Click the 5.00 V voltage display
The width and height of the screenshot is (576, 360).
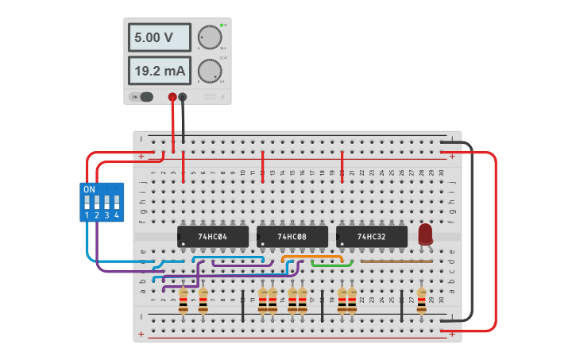pyautogui.click(x=160, y=37)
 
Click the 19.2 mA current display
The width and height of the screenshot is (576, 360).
pyautogui.click(x=160, y=71)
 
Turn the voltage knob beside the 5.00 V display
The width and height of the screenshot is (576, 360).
pyautogui.click(x=208, y=37)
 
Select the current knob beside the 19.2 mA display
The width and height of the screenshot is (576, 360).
pyautogui.click(x=208, y=71)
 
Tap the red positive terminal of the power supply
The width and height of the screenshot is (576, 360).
pyautogui.click(x=172, y=97)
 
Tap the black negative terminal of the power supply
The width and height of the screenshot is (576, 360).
pyautogui.click(x=184, y=97)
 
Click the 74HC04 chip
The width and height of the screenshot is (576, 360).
pyautogui.click(x=212, y=237)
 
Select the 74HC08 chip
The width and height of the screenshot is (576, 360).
pyautogui.click(x=292, y=237)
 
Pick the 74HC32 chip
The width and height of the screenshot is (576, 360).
pyautogui.click(x=371, y=237)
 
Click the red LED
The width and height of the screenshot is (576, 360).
pyautogui.click(x=425, y=234)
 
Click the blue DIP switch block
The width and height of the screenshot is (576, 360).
pyautogui.click(x=102, y=202)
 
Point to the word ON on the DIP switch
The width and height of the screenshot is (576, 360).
pyautogui.click(x=89, y=189)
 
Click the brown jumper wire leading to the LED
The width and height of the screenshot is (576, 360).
pyautogui.click(x=396, y=261)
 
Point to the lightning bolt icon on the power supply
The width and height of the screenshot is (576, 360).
pyautogui.click(x=223, y=98)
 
